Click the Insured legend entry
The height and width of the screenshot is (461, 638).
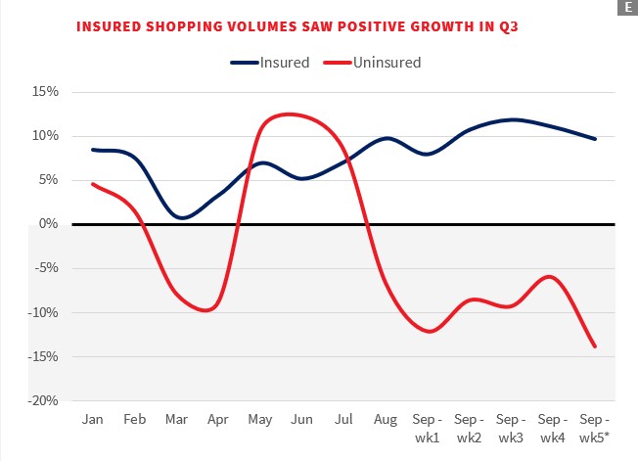[x=270, y=63]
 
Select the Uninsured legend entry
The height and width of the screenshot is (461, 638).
[x=372, y=63]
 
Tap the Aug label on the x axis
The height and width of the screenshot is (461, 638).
[x=385, y=419]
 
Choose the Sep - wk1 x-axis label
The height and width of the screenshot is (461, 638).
[x=428, y=427]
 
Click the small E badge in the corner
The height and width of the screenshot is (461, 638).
[x=626, y=8]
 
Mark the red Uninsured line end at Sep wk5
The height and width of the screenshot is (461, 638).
[x=595, y=346]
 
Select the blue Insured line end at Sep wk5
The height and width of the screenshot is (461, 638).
[x=595, y=139]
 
